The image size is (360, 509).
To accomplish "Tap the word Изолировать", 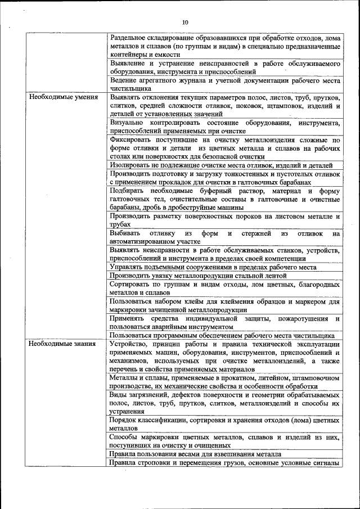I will click(130, 165).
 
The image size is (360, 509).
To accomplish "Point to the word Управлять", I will click(128, 267).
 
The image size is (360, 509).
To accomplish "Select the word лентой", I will click(274, 276).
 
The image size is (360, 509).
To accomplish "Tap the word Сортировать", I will click(132, 285).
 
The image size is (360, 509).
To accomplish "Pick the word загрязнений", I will click(148, 395).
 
